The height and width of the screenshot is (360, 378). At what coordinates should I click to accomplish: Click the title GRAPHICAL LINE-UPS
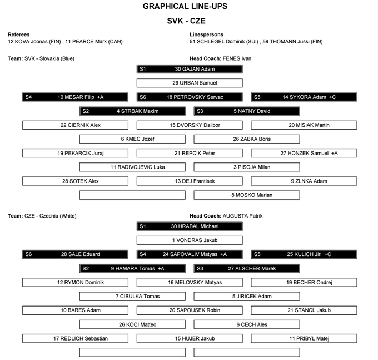pos(185,7)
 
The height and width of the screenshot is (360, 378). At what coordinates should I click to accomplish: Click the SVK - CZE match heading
pos(185,21)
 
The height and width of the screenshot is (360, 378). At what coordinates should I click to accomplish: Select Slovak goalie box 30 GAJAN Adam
pos(190,69)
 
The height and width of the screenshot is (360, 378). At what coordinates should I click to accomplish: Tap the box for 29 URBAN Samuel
pos(190,83)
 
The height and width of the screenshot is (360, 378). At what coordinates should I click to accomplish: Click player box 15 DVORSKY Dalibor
pos(190,125)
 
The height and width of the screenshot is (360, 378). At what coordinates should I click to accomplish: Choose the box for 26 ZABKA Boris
pos(246,139)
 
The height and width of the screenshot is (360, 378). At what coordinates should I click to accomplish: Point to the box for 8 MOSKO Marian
pos(246,195)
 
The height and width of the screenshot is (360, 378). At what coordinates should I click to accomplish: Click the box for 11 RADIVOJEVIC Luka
pos(132,167)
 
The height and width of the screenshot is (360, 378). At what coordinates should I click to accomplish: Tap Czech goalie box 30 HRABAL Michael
pos(190,226)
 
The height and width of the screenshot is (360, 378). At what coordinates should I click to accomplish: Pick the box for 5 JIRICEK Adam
pos(246,296)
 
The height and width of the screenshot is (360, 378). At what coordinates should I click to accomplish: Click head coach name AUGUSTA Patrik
pos(242,216)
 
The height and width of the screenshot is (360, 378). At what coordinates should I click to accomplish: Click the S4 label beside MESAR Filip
pos(29,97)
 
